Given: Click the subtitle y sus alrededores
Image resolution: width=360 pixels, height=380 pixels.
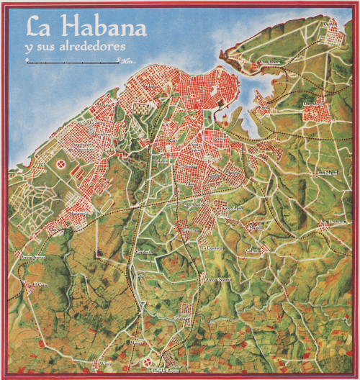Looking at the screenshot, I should point(75,46).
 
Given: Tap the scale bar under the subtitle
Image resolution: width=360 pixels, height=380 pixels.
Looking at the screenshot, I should point(72,63).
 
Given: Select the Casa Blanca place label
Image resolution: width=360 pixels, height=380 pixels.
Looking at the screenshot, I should point(270,63).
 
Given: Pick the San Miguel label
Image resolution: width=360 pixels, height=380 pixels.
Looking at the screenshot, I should point(325,173).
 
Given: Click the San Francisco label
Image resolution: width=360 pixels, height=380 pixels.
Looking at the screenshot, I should point(333,221).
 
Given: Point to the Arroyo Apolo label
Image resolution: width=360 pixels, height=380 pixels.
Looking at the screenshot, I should point(233,209).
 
